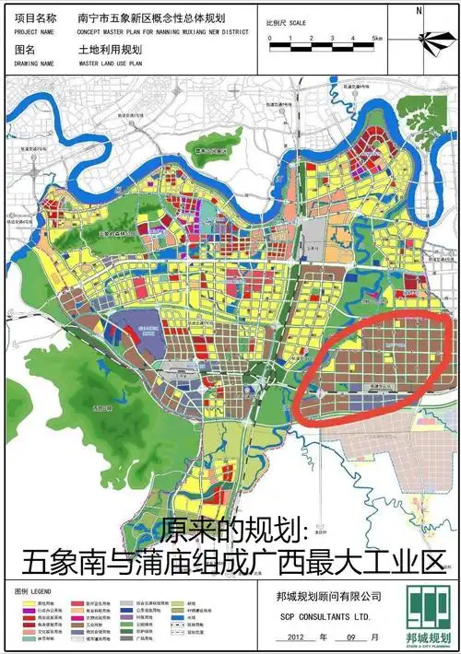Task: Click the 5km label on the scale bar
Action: (x=376, y=39)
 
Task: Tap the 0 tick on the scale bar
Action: (x=269, y=39)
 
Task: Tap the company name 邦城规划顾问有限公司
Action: (x=320, y=597)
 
